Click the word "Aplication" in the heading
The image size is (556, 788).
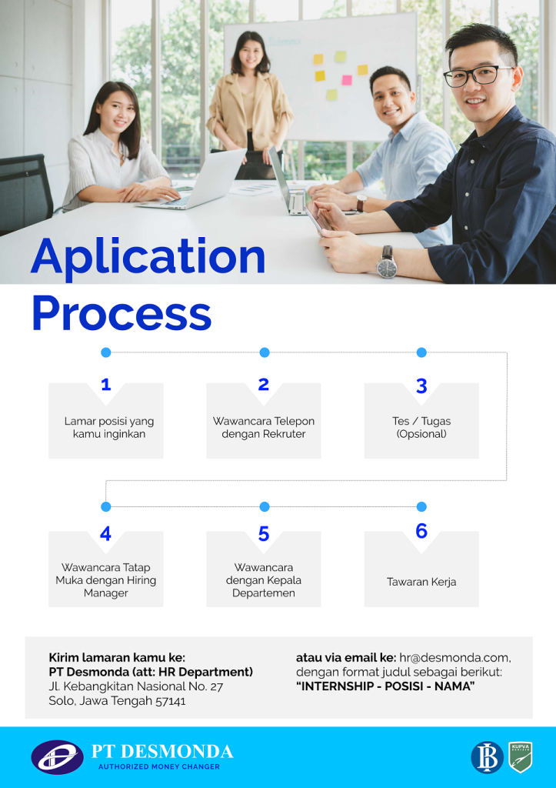coord(148,258)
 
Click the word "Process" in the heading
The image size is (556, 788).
coord(122,314)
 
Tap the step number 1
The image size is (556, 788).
coord(106,385)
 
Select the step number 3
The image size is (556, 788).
coord(421,386)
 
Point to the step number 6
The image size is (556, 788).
coord(421,531)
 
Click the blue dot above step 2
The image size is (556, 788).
coord(265,352)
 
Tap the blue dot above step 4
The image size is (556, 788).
coord(106,506)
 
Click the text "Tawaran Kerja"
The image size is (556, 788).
coord(421,582)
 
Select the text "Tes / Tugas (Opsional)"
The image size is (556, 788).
coord(421,427)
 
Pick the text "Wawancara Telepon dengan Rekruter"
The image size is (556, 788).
coord(264,427)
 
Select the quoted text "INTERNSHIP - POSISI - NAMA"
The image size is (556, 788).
coord(385,686)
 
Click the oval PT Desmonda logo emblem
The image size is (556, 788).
coord(57,756)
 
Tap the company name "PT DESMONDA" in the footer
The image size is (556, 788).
coord(162,751)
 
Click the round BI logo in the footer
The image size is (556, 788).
coord(487,757)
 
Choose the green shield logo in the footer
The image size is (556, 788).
coord(521,757)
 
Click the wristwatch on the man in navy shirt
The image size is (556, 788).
coord(387,265)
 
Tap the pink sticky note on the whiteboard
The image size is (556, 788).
coord(347,79)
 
